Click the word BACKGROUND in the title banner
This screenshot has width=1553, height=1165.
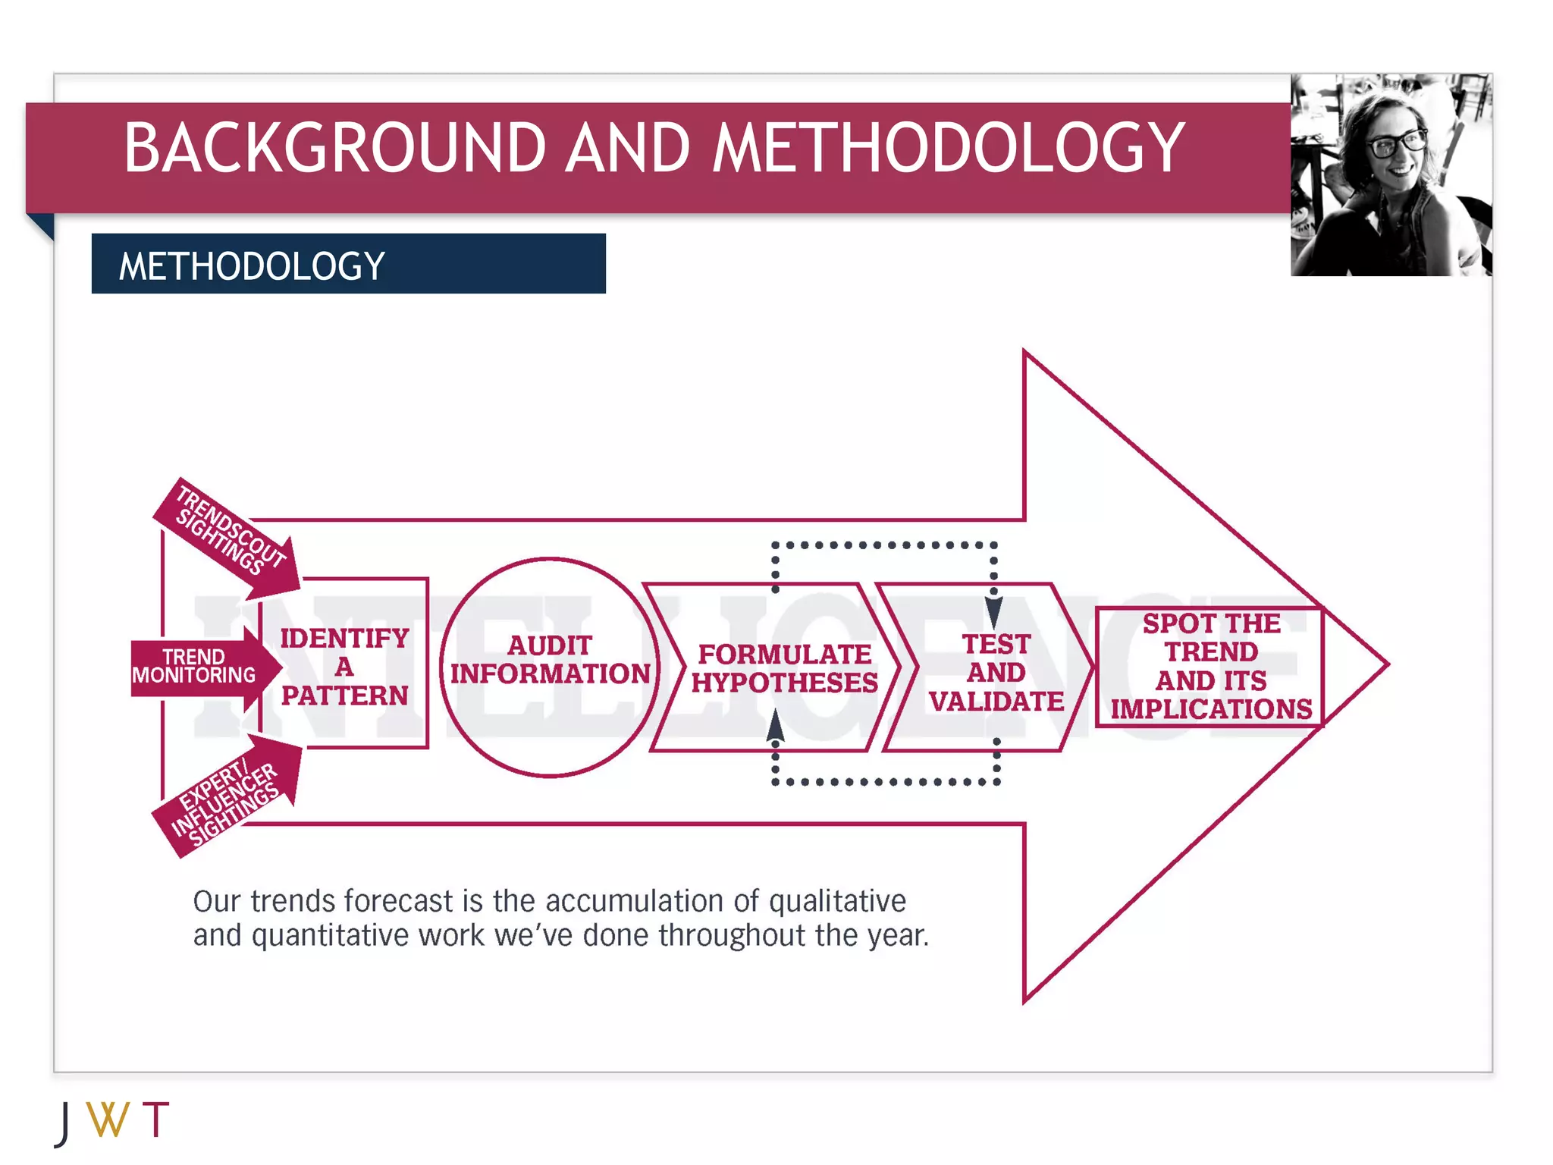click(334, 148)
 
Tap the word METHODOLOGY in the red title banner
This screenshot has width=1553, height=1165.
click(949, 148)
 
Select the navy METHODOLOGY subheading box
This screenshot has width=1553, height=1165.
click(348, 264)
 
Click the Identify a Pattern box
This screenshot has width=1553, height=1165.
click(345, 666)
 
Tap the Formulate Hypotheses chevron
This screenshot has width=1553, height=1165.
click(784, 667)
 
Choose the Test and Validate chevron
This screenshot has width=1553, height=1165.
click(995, 672)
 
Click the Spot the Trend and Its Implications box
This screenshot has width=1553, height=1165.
click(1210, 666)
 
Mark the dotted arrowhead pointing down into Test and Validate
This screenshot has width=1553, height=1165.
click(993, 611)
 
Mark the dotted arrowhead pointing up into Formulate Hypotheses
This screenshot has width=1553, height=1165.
click(775, 725)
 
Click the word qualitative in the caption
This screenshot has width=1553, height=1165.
click(837, 901)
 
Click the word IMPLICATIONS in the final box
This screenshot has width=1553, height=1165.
click(1211, 708)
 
